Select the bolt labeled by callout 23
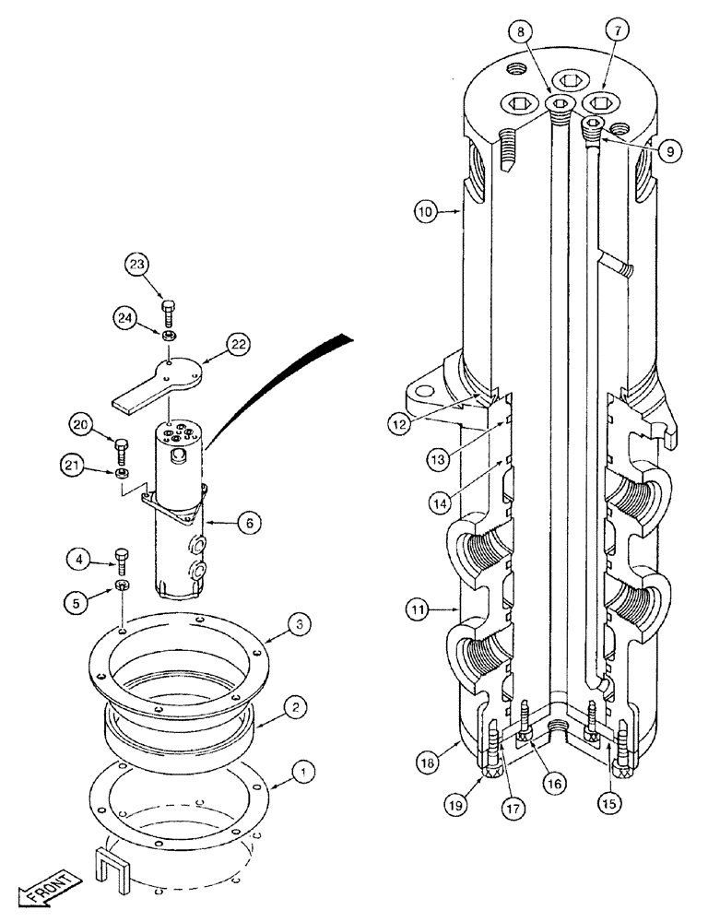coord(167,307)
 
